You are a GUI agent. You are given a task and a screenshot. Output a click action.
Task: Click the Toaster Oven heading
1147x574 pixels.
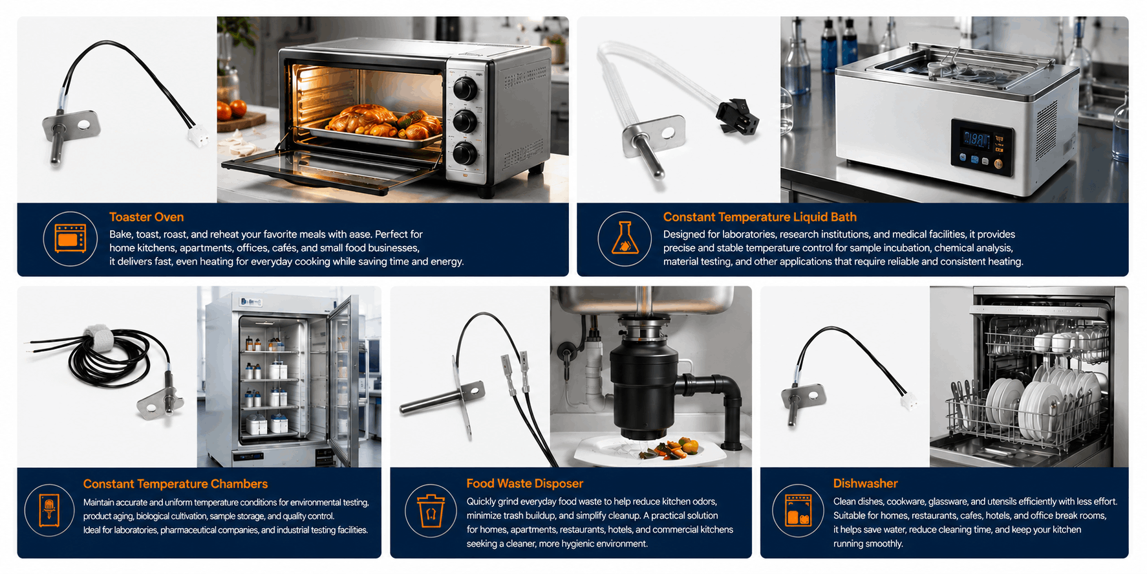[146, 217]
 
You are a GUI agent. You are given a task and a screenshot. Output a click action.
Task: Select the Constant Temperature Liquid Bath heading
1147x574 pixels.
[760, 217]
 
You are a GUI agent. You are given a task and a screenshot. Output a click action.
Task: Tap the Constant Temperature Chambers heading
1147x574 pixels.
[175, 484]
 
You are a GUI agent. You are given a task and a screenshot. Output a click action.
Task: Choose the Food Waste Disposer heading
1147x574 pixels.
[524, 483]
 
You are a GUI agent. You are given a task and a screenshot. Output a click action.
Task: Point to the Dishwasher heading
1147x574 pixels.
[865, 483]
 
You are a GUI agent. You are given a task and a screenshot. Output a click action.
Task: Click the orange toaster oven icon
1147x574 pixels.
[70, 239]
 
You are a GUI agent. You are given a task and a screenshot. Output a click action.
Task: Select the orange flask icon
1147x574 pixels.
[625, 238]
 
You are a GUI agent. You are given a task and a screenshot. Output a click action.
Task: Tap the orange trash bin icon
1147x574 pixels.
[431, 511]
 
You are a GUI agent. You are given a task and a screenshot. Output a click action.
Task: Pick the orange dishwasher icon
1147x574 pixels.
[799, 511]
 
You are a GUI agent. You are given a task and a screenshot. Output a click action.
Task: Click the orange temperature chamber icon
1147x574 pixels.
[49, 511]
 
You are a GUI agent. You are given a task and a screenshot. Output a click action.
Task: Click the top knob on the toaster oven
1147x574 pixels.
[465, 88]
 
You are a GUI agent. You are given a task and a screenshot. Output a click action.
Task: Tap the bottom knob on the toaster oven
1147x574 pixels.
[465, 154]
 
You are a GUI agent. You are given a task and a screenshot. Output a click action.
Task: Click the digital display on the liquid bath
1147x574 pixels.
[976, 139]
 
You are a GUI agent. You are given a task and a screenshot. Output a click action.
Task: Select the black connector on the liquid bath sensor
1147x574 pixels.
[737, 116]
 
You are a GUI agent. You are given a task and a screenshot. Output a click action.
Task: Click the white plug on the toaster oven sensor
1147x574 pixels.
[198, 135]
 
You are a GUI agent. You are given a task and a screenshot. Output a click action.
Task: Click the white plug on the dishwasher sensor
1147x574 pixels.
[908, 401]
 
